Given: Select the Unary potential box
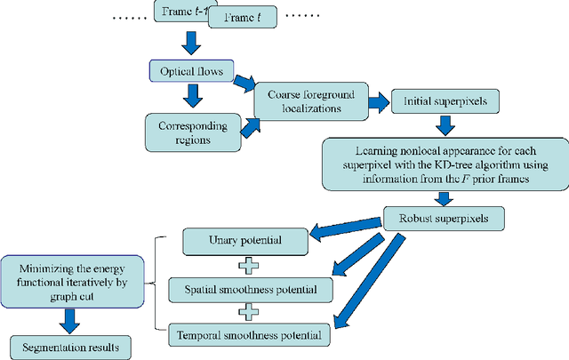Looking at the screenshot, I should pyautogui.click(x=244, y=240).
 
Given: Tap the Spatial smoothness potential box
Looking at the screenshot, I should pyautogui.click(x=252, y=288).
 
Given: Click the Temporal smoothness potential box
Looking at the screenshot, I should pyautogui.click(x=252, y=335).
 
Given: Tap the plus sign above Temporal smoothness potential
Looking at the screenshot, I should pyautogui.click(x=252, y=312).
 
